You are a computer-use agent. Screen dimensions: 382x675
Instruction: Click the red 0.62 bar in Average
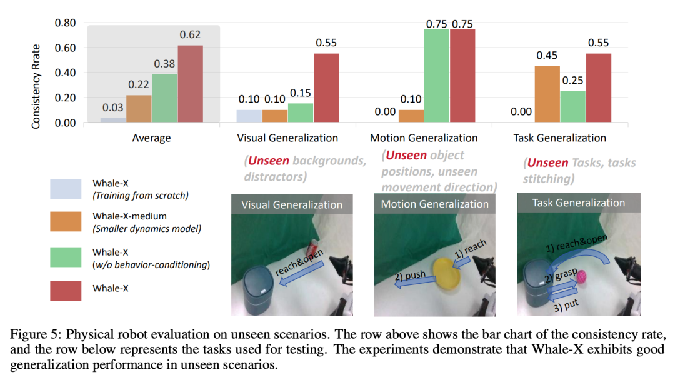(x=191, y=84)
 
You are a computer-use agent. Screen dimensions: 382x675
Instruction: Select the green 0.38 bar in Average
(x=165, y=98)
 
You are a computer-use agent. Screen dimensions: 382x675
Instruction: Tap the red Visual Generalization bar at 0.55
(x=326, y=88)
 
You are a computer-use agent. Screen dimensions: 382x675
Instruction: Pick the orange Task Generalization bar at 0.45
(x=547, y=94)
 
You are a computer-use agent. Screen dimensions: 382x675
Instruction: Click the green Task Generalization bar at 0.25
(x=573, y=107)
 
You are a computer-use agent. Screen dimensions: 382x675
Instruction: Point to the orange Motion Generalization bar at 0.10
(x=411, y=116)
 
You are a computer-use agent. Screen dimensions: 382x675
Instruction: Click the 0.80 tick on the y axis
(x=66, y=23)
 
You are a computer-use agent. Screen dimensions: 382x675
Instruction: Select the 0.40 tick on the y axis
(x=66, y=73)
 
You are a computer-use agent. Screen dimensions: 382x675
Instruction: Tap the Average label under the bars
(x=152, y=138)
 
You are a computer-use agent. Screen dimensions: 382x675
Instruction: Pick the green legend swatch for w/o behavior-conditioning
(x=66, y=257)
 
